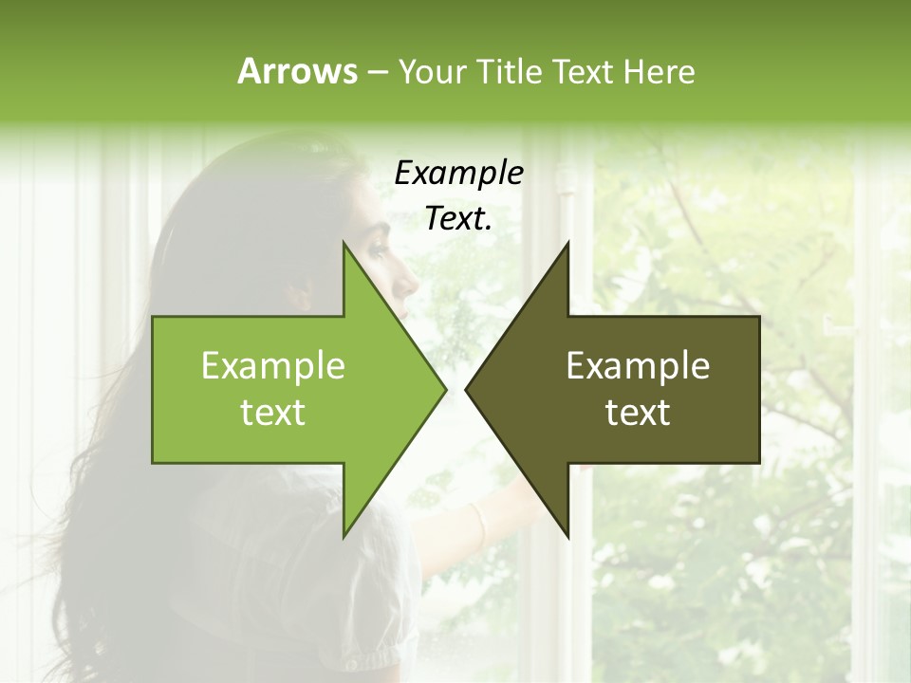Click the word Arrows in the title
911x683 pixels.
coord(296,71)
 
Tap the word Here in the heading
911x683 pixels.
coord(659,71)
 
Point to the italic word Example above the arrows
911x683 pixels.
coord(459,173)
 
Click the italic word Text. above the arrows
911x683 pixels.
coord(459,219)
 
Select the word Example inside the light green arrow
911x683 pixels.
coord(273,365)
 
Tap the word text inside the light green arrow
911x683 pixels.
coord(273,413)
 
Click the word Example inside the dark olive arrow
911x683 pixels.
coord(638,365)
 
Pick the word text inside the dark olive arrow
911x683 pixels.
coord(638,413)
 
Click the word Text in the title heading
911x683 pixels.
coord(583,71)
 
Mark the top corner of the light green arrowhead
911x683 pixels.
coord(344,244)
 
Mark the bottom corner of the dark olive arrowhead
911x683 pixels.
coord(567,536)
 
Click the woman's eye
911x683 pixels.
coord(381,250)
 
